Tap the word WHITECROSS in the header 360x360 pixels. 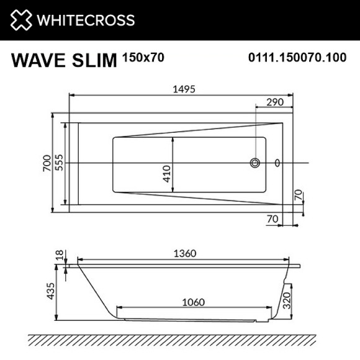(x=86, y=20)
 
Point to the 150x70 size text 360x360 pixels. (x=142, y=57)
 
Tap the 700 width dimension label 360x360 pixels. (x=46, y=163)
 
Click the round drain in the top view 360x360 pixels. (x=255, y=163)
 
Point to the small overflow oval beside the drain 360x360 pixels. (x=277, y=163)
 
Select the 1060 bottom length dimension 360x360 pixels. (x=194, y=302)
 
